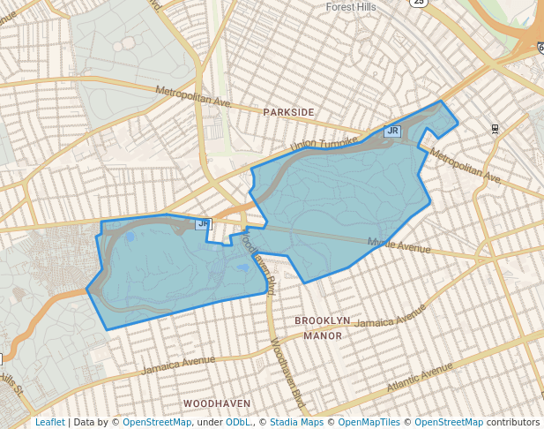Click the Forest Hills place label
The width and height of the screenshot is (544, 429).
[352, 6]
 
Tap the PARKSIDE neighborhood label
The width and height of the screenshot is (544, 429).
[288, 112]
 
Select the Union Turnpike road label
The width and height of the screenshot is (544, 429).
[325, 141]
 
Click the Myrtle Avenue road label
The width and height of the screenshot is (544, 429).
[399, 245]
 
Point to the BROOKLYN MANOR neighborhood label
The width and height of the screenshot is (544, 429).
[322, 327]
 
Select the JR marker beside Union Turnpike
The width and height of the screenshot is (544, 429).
[392, 132]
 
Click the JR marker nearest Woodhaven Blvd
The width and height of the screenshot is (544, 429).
[204, 224]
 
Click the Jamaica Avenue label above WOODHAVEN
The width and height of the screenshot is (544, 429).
[178, 363]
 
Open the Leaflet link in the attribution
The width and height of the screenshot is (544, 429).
[49, 422]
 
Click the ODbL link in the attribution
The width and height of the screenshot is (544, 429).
[239, 422]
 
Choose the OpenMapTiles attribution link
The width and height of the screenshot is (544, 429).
[369, 422]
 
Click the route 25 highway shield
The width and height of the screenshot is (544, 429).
[418, 3]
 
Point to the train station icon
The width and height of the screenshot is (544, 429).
[496, 129]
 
